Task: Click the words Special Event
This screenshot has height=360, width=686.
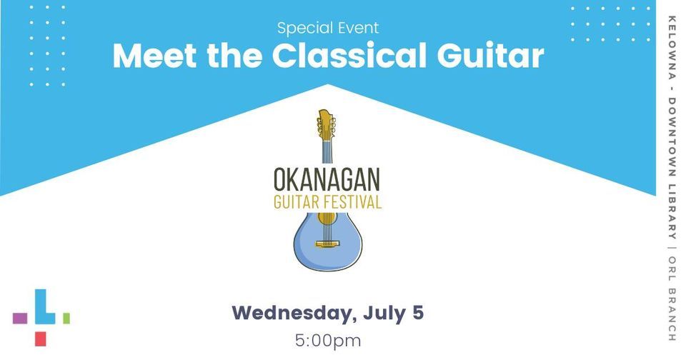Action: click(x=328, y=29)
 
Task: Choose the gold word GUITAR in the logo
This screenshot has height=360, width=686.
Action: click(x=294, y=201)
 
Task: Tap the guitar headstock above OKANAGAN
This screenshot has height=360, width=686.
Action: click(x=326, y=125)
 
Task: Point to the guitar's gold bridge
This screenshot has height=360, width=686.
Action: click(x=328, y=244)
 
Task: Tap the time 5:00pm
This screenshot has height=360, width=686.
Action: click(x=328, y=340)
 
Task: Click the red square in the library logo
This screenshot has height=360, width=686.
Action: click(x=41, y=339)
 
